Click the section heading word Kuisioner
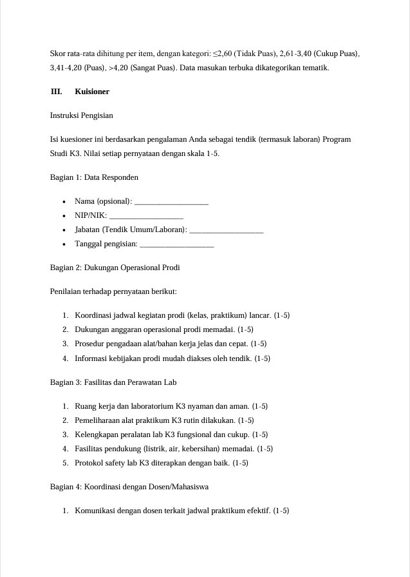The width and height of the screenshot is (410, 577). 92,92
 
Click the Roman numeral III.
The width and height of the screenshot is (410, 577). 57,92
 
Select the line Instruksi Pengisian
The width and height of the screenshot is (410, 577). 82,116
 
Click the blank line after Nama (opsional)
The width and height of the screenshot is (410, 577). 171,203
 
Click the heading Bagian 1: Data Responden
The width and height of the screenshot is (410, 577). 94,177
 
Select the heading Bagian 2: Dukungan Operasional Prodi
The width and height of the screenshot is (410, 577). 115,268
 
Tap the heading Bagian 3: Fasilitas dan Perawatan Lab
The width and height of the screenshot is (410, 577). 113,382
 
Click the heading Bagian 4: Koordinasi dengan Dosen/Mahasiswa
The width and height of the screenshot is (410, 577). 129,487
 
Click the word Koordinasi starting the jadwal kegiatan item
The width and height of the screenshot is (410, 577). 93,316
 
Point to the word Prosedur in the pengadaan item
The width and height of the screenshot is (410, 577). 88,344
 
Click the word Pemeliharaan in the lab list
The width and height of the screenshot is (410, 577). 97,420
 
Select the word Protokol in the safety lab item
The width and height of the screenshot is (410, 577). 88,463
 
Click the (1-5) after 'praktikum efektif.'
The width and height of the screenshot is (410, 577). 281,511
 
